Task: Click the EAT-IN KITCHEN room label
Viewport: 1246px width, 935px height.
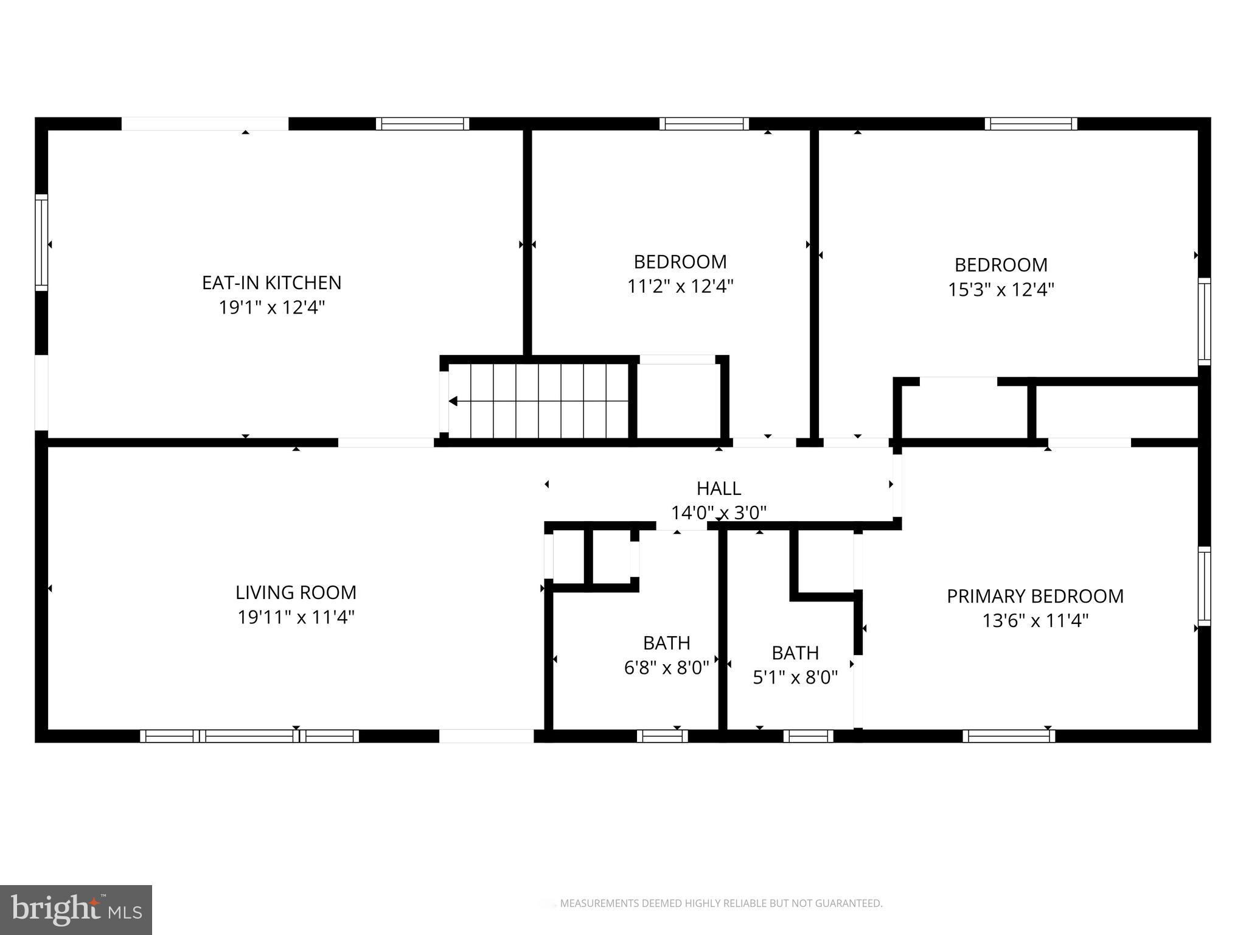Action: coord(271,282)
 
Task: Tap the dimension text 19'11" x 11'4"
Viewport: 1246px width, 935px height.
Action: coord(296,617)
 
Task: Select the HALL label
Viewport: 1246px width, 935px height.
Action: coord(719,488)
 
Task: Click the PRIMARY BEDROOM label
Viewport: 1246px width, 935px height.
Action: coord(1035,596)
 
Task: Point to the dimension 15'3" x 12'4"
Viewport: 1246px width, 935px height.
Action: coord(1001,289)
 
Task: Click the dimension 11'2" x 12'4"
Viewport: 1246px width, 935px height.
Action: coord(680,286)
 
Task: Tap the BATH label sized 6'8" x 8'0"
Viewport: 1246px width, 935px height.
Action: coord(666,643)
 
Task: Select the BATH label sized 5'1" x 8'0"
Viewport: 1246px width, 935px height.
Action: coord(795,653)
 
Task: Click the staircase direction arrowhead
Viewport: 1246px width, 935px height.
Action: coord(453,401)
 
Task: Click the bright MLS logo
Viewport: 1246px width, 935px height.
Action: coord(76,910)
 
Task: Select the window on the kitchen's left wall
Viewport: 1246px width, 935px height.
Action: coord(41,243)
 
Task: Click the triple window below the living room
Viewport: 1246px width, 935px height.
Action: coord(249,736)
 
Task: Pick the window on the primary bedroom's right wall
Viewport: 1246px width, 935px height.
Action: coord(1204,586)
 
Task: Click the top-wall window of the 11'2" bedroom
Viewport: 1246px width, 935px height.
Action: coord(704,124)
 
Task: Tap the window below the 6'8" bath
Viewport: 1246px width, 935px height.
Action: coord(662,736)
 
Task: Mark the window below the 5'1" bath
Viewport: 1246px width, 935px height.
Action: coord(808,736)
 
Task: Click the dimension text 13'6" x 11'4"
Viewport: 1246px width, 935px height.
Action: coord(1035,621)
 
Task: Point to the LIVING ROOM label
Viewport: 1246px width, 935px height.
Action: coord(296,592)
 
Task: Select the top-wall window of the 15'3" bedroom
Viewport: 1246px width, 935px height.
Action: coord(1031,124)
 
